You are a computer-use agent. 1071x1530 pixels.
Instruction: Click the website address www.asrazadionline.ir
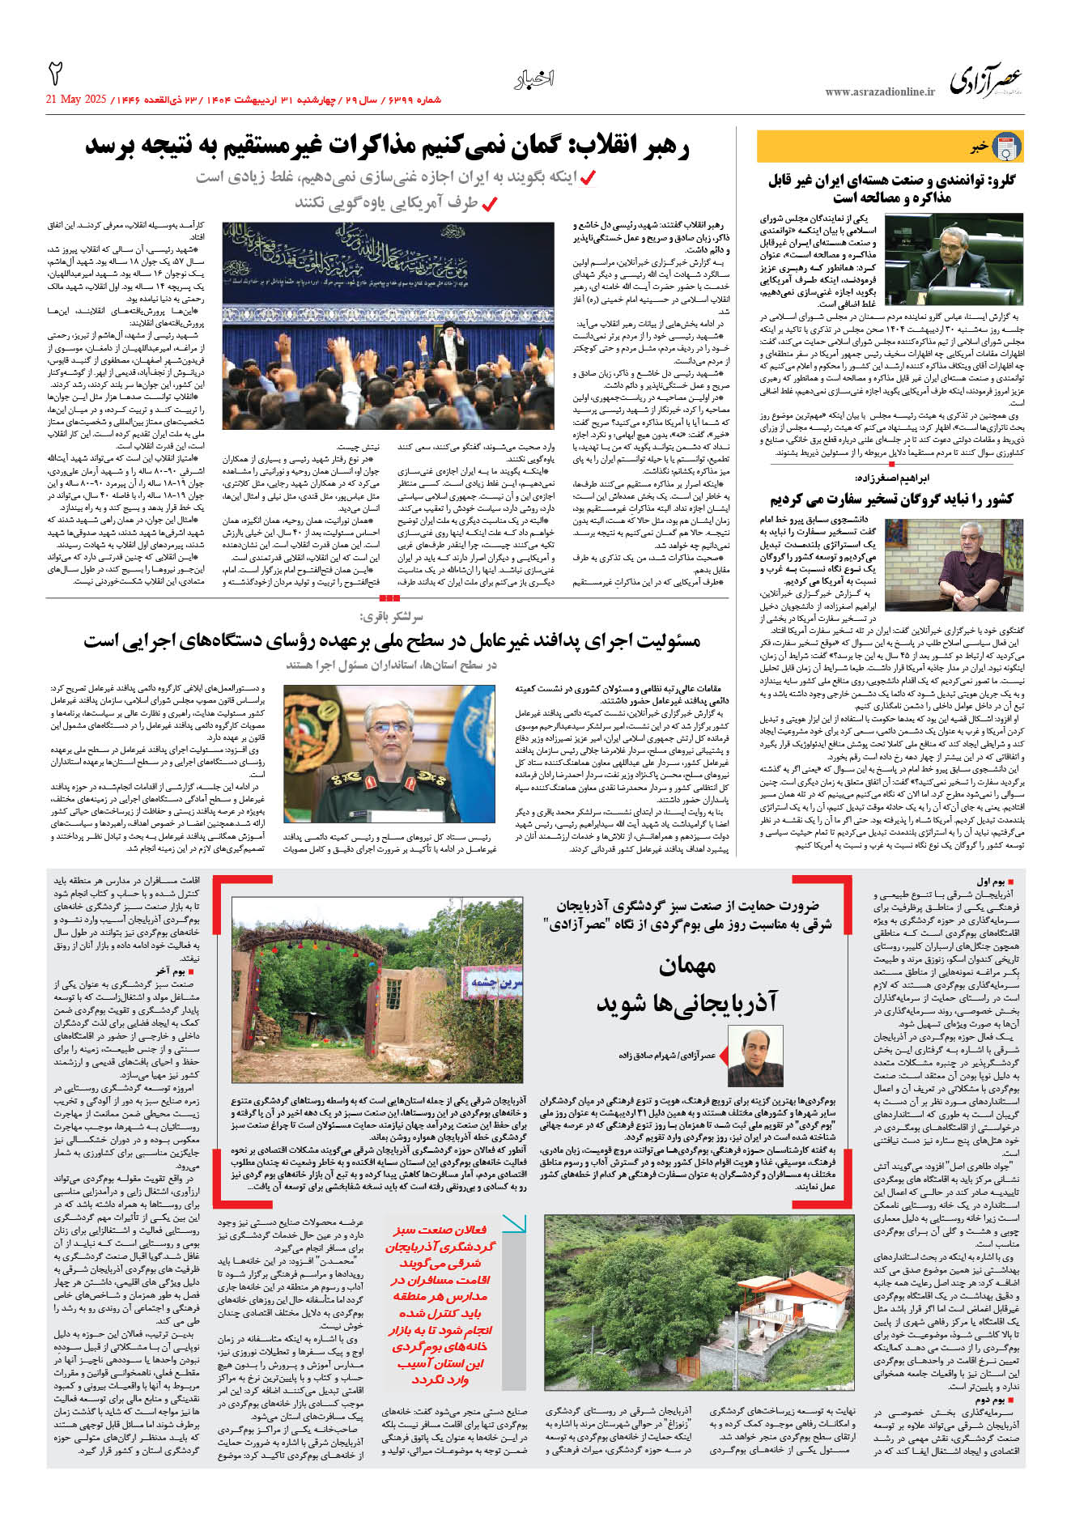click(879, 91)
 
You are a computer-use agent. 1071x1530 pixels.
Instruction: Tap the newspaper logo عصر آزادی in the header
click(985, 80)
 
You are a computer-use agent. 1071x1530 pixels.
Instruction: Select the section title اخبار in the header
click(534, 79)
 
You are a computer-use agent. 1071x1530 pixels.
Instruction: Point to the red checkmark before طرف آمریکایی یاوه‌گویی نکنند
click(489, 203)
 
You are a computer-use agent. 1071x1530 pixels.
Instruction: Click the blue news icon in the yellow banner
click(1006, 147)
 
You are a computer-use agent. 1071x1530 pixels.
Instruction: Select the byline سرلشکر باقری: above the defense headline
click(392, 617)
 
